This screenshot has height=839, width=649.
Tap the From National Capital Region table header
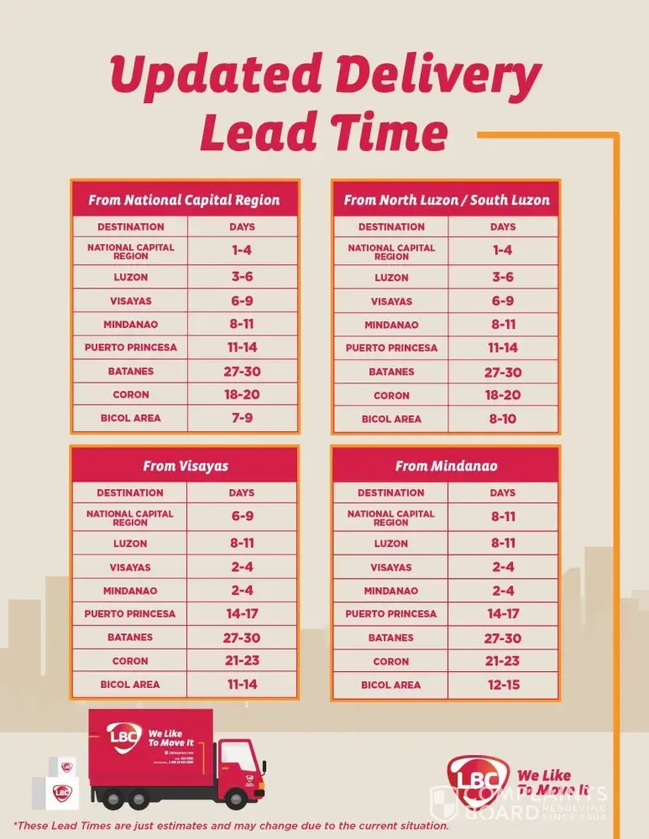click(184, 201)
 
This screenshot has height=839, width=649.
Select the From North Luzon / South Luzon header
click(446, 201)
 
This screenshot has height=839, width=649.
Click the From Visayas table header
click(184, 466)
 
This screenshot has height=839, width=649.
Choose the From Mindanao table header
click(446, 466)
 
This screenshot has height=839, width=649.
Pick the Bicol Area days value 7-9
click(242, 418)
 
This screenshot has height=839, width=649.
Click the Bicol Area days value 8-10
click(503, 418)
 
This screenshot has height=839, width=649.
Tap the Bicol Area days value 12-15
click(503, 685)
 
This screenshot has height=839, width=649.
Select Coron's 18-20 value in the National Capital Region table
click(242, 394)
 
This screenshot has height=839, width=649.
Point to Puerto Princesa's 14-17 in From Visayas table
click(242, 614)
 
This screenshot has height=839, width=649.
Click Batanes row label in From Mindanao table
click(390, 638)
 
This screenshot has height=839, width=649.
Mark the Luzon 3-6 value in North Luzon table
click(503, 277)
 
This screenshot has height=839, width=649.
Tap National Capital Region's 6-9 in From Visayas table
click(242, 517)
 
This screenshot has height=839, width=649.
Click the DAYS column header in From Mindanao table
click(503, 492)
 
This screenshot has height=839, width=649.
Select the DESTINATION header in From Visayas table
click(130, 492)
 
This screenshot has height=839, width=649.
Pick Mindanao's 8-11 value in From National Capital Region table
click(242, 324)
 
